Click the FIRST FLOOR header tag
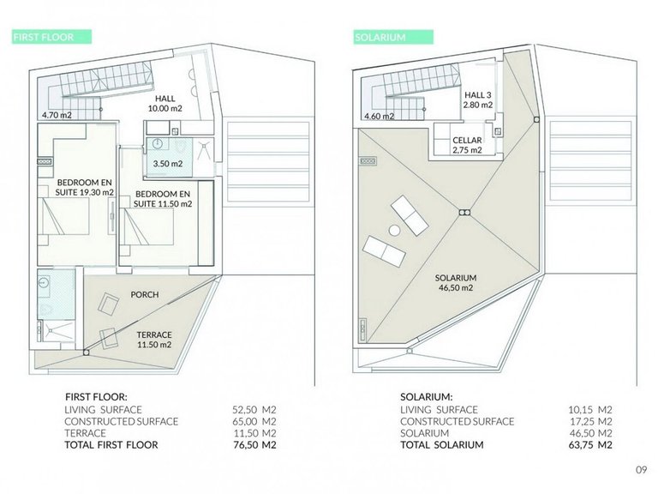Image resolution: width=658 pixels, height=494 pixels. point(52,37)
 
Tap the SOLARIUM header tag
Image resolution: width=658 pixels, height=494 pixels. point(393,37)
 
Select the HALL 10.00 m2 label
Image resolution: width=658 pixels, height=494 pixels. point(164,103)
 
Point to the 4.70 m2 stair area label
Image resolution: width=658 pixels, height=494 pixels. point(57,115)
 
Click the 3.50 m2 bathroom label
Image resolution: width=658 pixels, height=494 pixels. point(168,164)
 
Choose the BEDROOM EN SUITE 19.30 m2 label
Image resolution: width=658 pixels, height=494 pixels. point(85,187)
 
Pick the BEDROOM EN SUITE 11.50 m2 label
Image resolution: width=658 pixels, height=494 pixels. point(163,199)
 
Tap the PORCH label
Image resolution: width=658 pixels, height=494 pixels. point(145,294)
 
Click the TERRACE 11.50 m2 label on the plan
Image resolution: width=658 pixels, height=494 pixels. point(154,340)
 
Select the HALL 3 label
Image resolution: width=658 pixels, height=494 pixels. point(478,95)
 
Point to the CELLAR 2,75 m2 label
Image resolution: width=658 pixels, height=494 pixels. point(467,145)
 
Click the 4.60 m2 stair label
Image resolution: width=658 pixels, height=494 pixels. point(380,117)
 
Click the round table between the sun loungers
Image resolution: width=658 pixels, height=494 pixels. point(395,230)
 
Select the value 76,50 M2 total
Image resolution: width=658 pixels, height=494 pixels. point(254,445)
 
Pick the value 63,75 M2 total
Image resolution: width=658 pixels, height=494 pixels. point(590,445)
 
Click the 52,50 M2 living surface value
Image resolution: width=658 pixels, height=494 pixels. point(254,410)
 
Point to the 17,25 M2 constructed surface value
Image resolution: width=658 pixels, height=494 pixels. point(590,421)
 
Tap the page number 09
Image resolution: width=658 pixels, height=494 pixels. point(641,470)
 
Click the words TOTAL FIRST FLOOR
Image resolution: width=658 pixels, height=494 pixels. point(111,445)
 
